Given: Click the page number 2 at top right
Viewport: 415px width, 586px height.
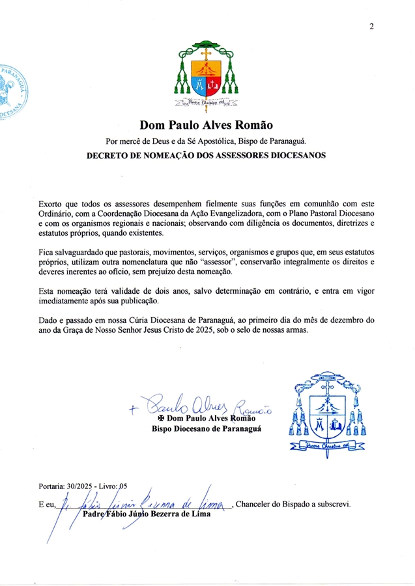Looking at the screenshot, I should [x=371, y=27].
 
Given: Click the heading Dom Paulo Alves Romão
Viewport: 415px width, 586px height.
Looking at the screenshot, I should [x=206, y=125].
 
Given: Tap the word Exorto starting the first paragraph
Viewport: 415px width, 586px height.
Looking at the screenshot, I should [x=53, y=204].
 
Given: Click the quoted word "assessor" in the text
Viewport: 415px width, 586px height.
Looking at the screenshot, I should [x=213, y=260].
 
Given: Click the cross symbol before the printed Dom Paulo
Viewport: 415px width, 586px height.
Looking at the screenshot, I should [x=160, y=419].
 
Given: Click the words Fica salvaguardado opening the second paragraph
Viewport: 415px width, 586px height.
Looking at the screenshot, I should [x=76, y=251].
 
